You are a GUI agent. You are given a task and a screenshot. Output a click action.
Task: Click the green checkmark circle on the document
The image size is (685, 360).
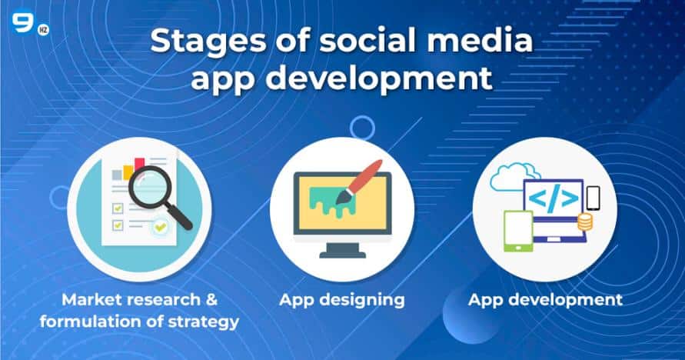[x=160, y=227]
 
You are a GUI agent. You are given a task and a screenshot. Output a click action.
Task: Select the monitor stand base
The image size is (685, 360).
[x=341, y=252]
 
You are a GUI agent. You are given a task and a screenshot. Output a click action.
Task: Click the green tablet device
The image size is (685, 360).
[x=517, y=230]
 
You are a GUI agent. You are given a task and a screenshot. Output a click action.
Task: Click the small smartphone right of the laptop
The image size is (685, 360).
[x=593, y=198]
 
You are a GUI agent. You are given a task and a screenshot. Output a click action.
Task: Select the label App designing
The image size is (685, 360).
[x=341, y=299]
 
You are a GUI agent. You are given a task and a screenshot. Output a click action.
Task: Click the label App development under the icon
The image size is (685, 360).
[x=545, y=299]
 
